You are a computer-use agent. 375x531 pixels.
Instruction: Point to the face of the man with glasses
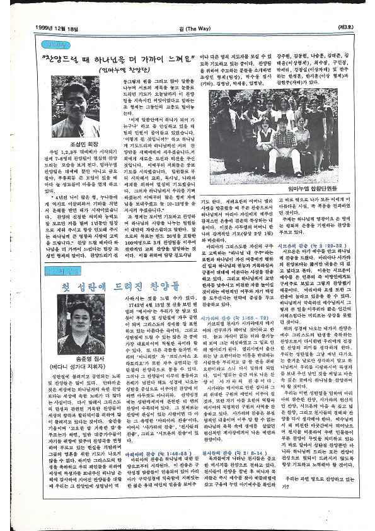click(74, 96)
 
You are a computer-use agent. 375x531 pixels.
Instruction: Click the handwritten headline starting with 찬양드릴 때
click(110, 59)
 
